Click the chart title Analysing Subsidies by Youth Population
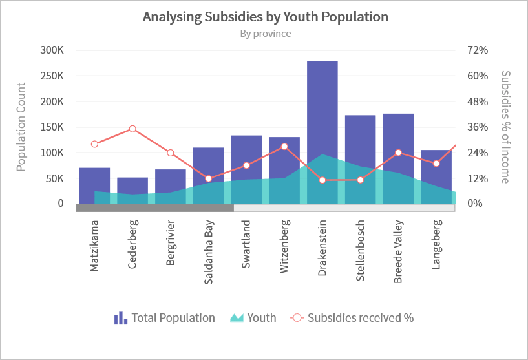pyautogui.click(x=265, y=17)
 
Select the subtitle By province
pyautogui.click(x=265, y=33)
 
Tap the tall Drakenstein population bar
pyautogui.click(x=322, y=129)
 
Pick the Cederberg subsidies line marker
pyautogui.click(x=132, y=129)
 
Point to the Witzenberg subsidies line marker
pyautogui.click(x=284, y=147)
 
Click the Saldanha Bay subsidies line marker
pyautogui.click(x=208, y=178)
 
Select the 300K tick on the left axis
pyautogui.click(x=52, y=50)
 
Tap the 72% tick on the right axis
pyautogui.click(x=477, y=50)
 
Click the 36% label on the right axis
pyautogui.click(x=477, y=127)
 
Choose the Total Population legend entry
pyautogui.click(x=165, y=318)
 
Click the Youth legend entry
pyautogui.click(x=253, y=318)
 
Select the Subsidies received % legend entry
pyautogui.click(x=352, y=318)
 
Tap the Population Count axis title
pyautogui.click(x=21, y=127)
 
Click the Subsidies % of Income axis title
pyautogui.click(x=506, y=127)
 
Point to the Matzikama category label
pyautogui.click(x=95, y=246)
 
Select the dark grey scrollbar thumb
pyautogui.click(x=154, y=208)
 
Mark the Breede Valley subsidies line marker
pyautogui.click(x=398, y=153)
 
